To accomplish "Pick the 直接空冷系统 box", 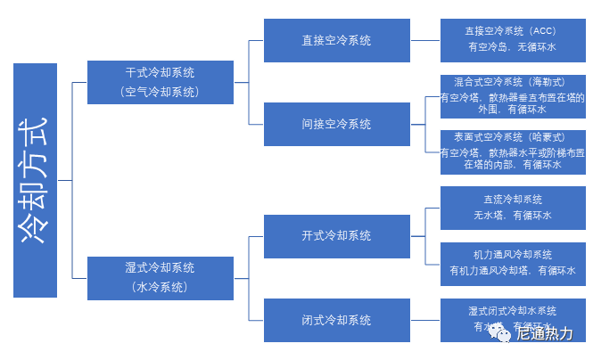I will [336, 40].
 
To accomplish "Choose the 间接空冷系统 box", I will [336, 124].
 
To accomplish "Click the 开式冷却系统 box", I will [336, 235].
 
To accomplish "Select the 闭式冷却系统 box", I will [336, 320].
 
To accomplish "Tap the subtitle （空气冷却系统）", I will [160, 91].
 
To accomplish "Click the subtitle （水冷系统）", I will [160, 287].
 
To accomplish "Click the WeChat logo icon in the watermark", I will [501, 333].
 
